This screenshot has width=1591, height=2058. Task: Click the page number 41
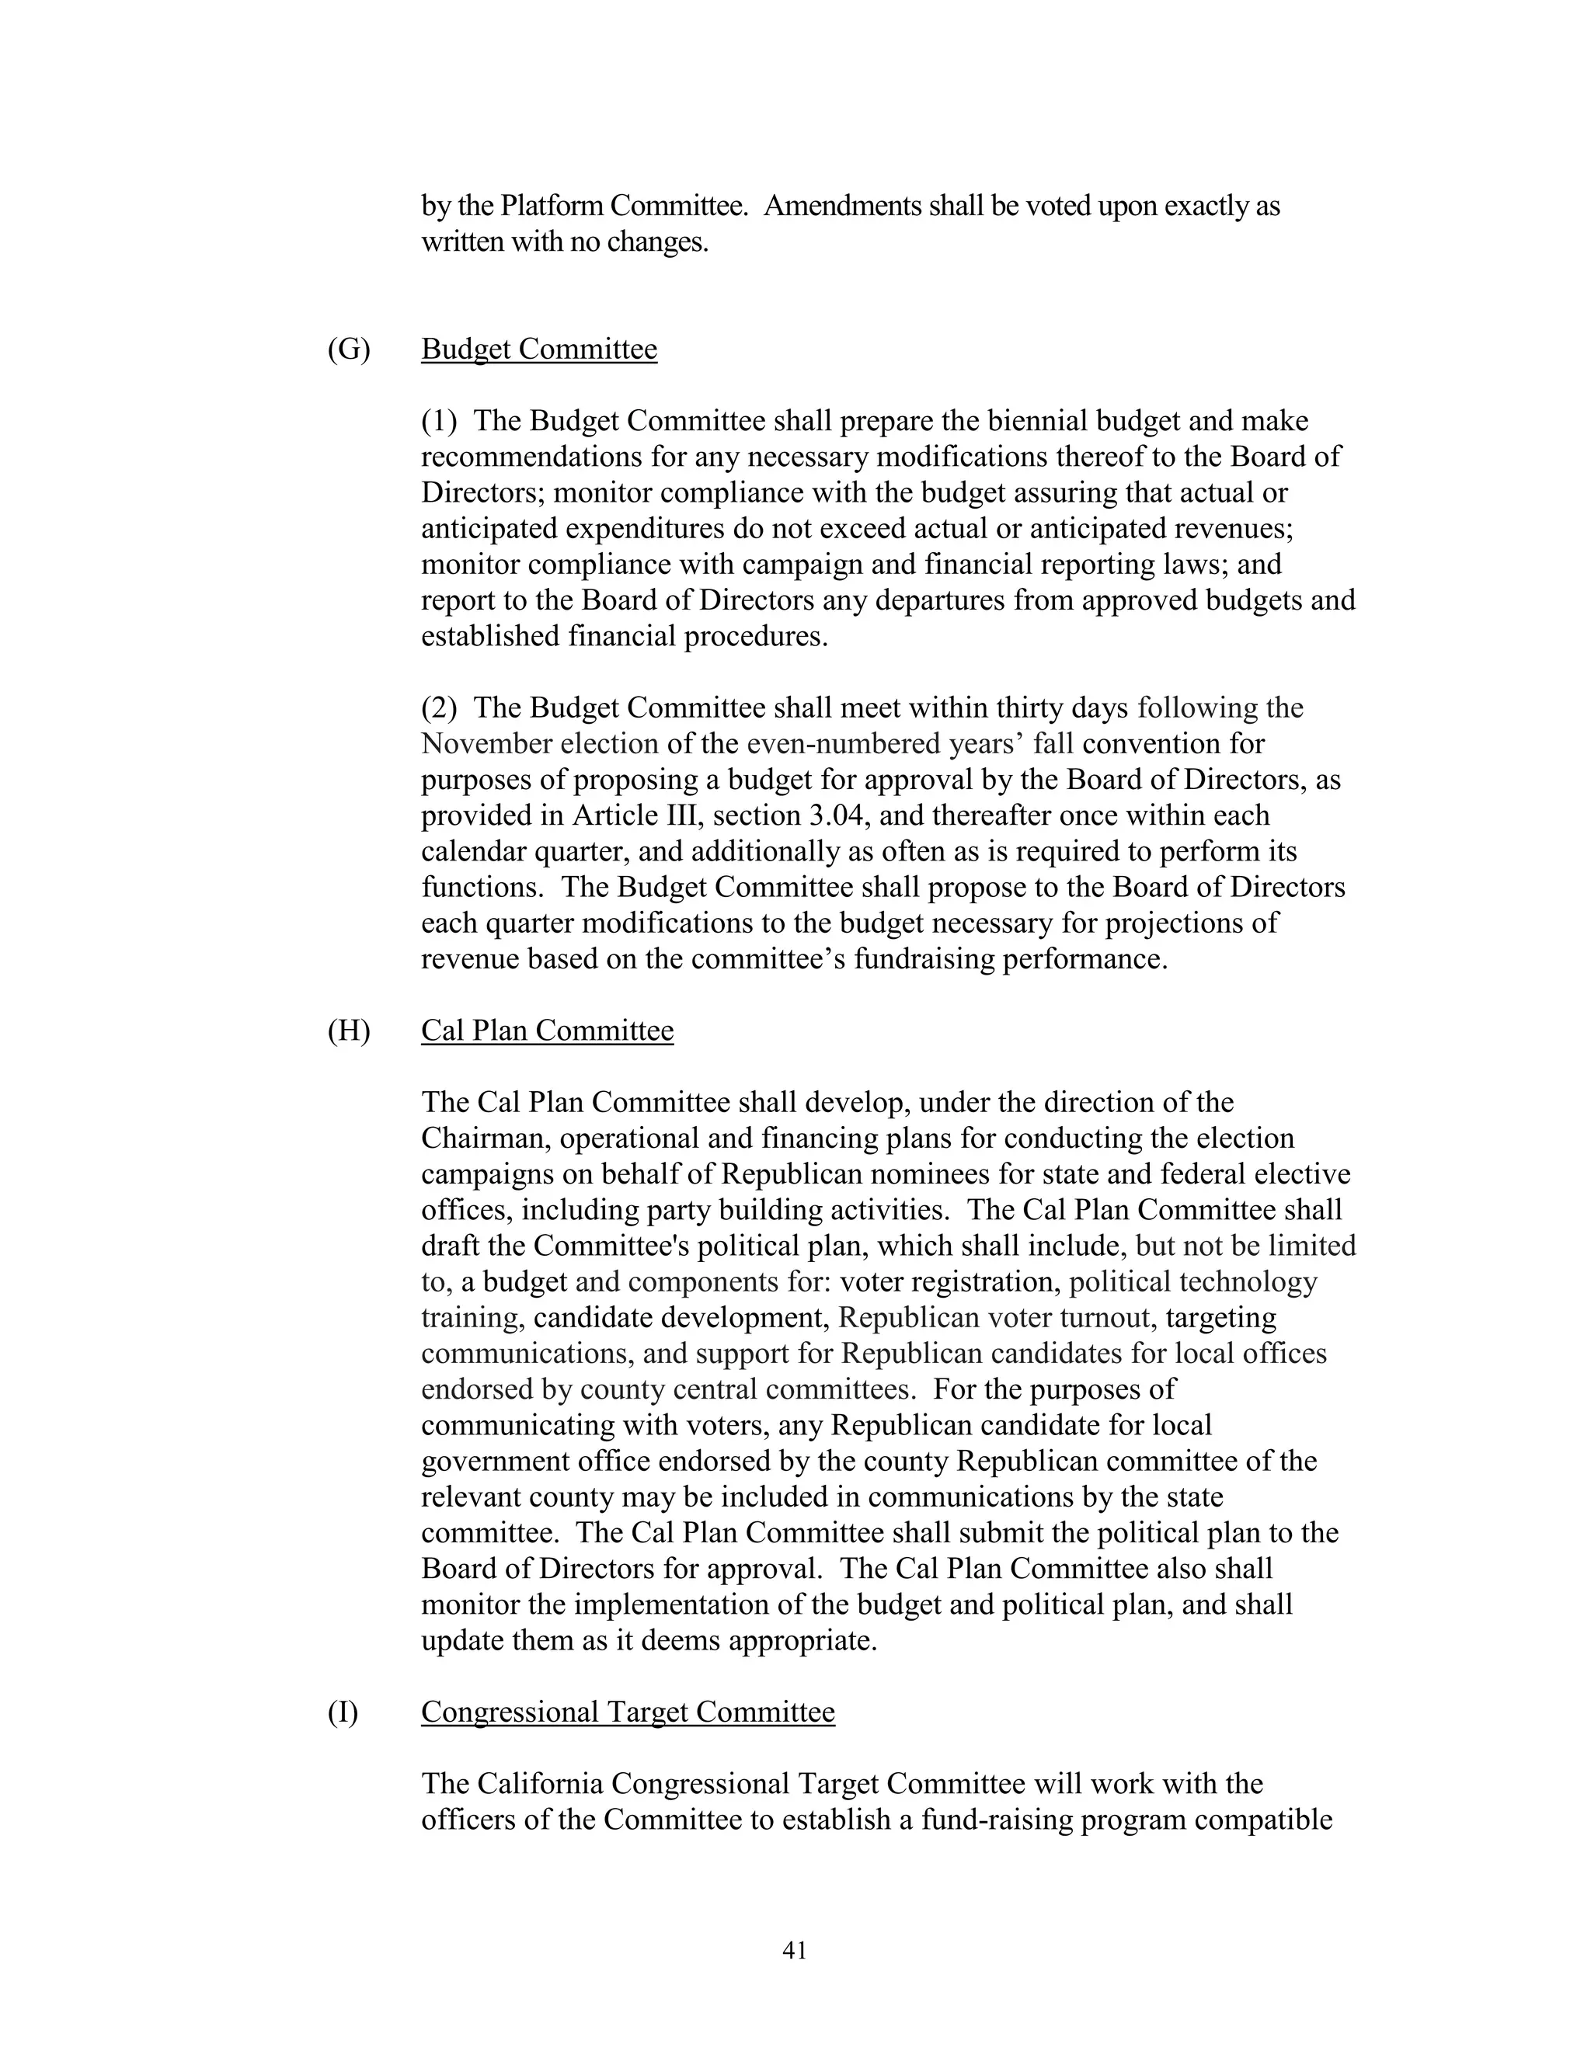795,1951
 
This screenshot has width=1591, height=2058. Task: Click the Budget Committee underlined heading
538,349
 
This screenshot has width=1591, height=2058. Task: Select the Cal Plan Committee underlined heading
547,1031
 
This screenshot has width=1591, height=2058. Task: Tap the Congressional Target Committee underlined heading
628,1712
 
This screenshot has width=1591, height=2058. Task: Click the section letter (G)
349,349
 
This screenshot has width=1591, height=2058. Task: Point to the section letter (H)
349,1031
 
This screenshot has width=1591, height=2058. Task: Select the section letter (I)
343,1712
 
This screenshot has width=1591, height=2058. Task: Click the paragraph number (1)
438,421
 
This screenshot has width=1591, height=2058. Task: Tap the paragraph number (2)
438,708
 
